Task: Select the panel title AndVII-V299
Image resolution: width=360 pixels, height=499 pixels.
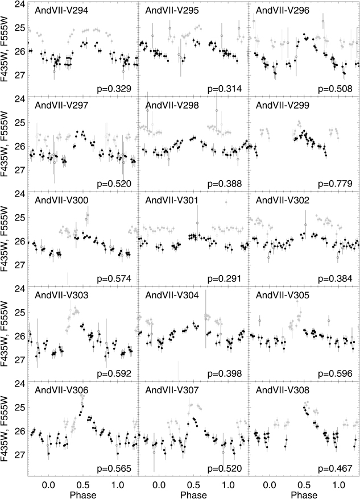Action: click(281, 105)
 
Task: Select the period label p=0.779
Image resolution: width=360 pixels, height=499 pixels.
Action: click(337, 184)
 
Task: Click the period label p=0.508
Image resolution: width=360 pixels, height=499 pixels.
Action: click(337, 89)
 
